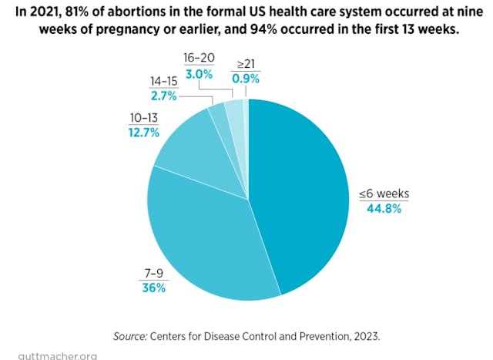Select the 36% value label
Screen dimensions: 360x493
tap(153, 288)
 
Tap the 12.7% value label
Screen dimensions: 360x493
tap(144, 133)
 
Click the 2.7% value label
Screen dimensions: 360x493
tap(163, 95)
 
